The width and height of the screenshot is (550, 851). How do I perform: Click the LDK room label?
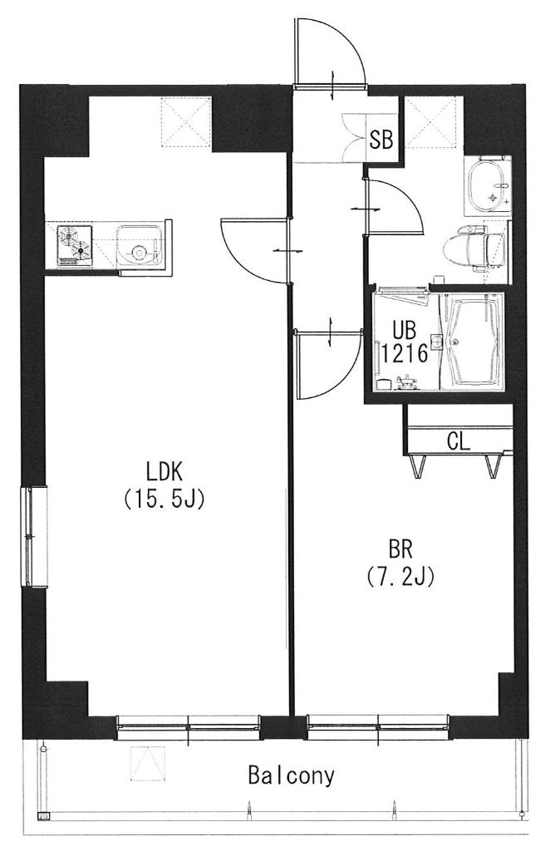[165, 472]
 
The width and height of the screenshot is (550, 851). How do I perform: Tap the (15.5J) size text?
[164, 499]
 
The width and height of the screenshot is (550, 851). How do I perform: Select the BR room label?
[400, 550]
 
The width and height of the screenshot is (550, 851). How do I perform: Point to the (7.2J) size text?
[400, 577]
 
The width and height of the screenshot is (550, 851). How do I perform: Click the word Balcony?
[291, 775]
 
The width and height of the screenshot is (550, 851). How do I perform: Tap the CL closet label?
[459, 442]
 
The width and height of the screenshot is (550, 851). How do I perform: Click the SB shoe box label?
[381, 140]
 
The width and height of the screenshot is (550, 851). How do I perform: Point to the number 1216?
[404, 354]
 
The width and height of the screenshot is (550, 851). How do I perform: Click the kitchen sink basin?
[140, 246]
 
